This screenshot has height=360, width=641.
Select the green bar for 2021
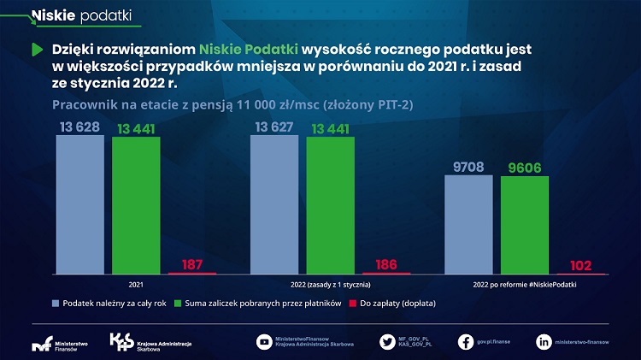pos(136,204)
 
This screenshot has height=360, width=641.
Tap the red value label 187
pos(192,264)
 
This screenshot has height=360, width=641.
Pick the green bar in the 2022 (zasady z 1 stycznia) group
pos(330,204)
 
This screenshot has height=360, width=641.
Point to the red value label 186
pos(386,264)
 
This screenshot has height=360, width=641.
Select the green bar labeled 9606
pos(524,225)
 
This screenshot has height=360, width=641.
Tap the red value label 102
pos(581,265)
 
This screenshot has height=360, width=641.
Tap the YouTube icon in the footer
pos(264,341)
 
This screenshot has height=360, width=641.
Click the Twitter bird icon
pos(387,341)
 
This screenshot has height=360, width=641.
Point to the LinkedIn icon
pos(544,341)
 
